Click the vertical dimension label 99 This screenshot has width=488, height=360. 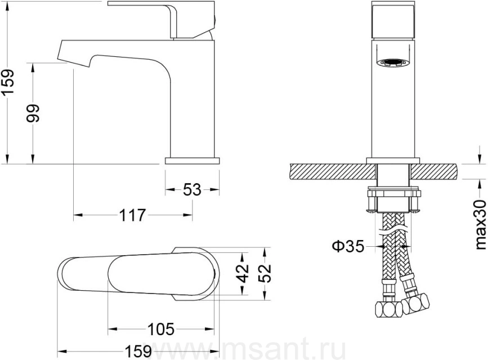[33, 113]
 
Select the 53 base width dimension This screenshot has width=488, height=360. [192, 190]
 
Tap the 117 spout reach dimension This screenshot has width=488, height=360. [133, 215]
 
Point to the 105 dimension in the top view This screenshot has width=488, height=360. [160, 329]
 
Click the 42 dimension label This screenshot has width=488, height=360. [243, 273]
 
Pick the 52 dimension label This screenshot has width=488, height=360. [265, 273]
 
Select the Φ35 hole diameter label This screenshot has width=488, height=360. [348, 246]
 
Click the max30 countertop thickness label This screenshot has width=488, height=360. [481, 225]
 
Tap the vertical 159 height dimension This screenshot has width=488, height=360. [7, 82]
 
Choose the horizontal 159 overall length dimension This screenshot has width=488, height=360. [138, 352]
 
